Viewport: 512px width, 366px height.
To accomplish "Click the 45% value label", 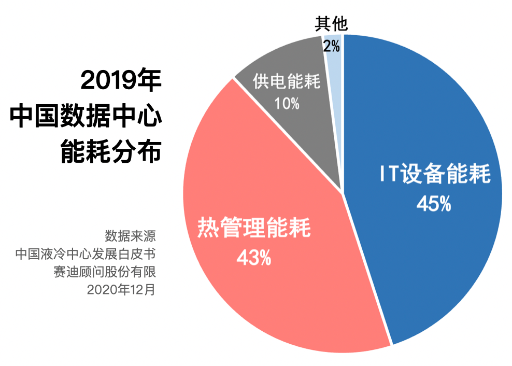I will coord(434,204).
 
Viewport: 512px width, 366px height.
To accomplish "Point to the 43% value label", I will coord(253,257).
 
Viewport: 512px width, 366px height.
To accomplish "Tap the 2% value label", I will coord(331,47).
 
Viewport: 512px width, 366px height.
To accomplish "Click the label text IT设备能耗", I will coord(434,175).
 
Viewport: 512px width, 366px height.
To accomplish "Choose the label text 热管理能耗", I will coord(254,228).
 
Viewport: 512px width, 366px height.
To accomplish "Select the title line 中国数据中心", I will coord(86,116).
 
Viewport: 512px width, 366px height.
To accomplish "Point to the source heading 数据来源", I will coord(130,236).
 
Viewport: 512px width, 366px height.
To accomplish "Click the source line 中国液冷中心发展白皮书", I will coord(86,254).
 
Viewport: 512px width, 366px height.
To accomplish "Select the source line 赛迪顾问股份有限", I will coord(104,272).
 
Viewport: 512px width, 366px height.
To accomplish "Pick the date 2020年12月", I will coord(121,289).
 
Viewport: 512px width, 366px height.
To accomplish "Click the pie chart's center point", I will coord(343,193).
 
